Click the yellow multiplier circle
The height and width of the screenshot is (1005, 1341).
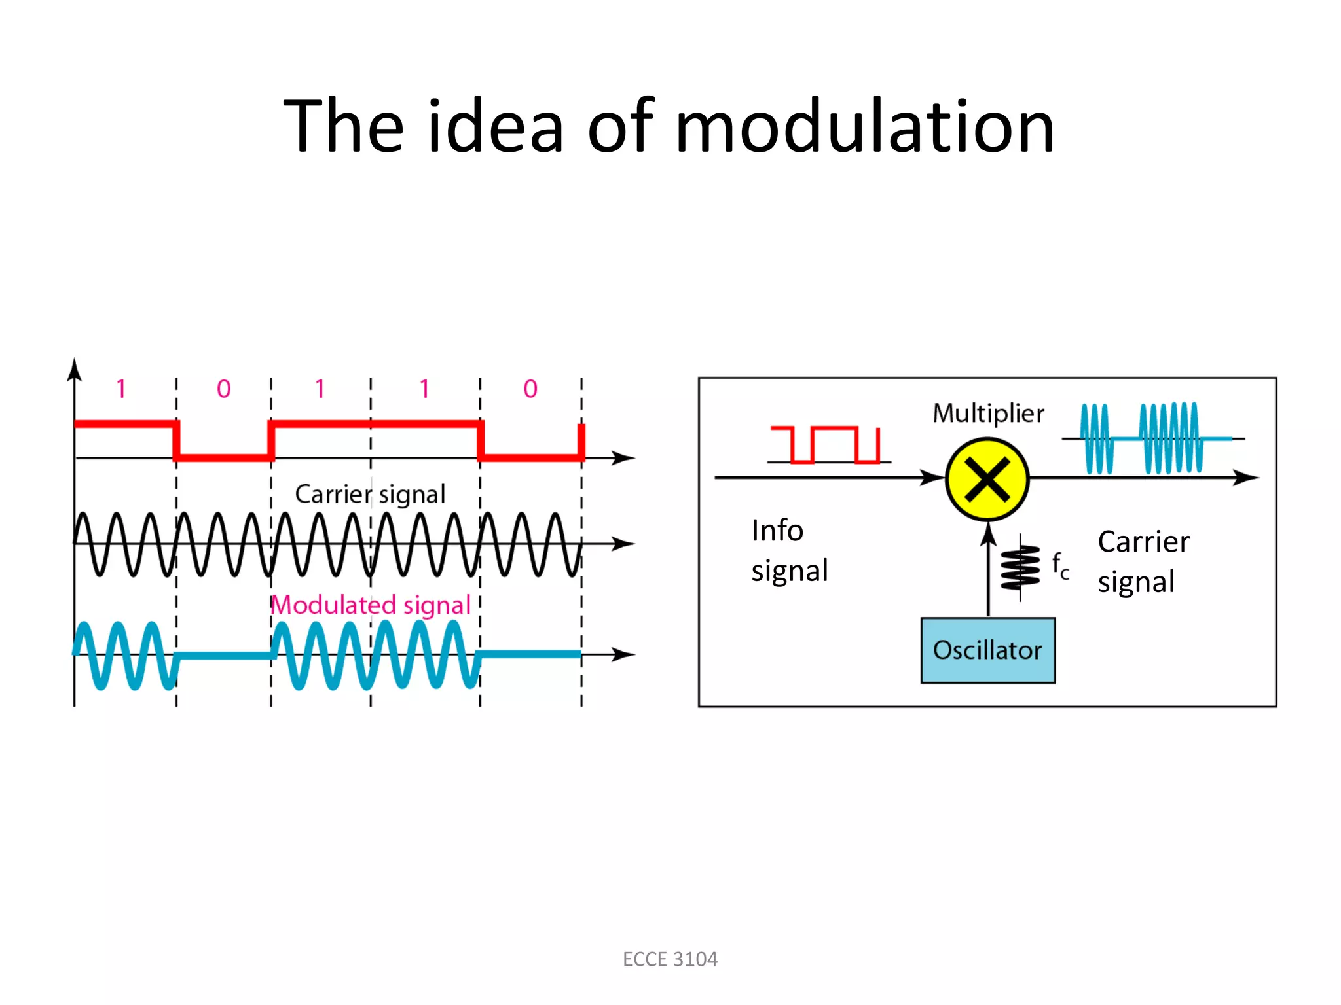pyautogui.click(x=987, y=480)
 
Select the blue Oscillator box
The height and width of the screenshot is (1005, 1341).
pyautogui.click(x=987, y=650)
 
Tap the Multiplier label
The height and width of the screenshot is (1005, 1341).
pyautogui.click(x=988, y=414)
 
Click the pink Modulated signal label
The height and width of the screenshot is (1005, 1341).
pyautogui.click(x=371, y=605)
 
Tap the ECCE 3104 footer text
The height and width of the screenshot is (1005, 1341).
pyautogui.click(x=670, y=959)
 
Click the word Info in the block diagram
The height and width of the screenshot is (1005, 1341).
pyautogui.click(x=777, y=530)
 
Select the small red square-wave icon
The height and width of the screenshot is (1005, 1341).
pyautogui.click(x=827, y=445)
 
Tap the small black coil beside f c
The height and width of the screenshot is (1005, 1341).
pyautogui.click(x=1020, y=567)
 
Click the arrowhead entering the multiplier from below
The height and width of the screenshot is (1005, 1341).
pyautogui.click(x=989, y=533)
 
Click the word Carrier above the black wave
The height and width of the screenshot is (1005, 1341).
pyautogui.click(x=333, y=494)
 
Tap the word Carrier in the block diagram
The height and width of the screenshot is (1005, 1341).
pyautogui.click(x=1144, y=542)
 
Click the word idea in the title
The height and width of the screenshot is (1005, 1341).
pyautogui.click(x=496, y=126)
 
